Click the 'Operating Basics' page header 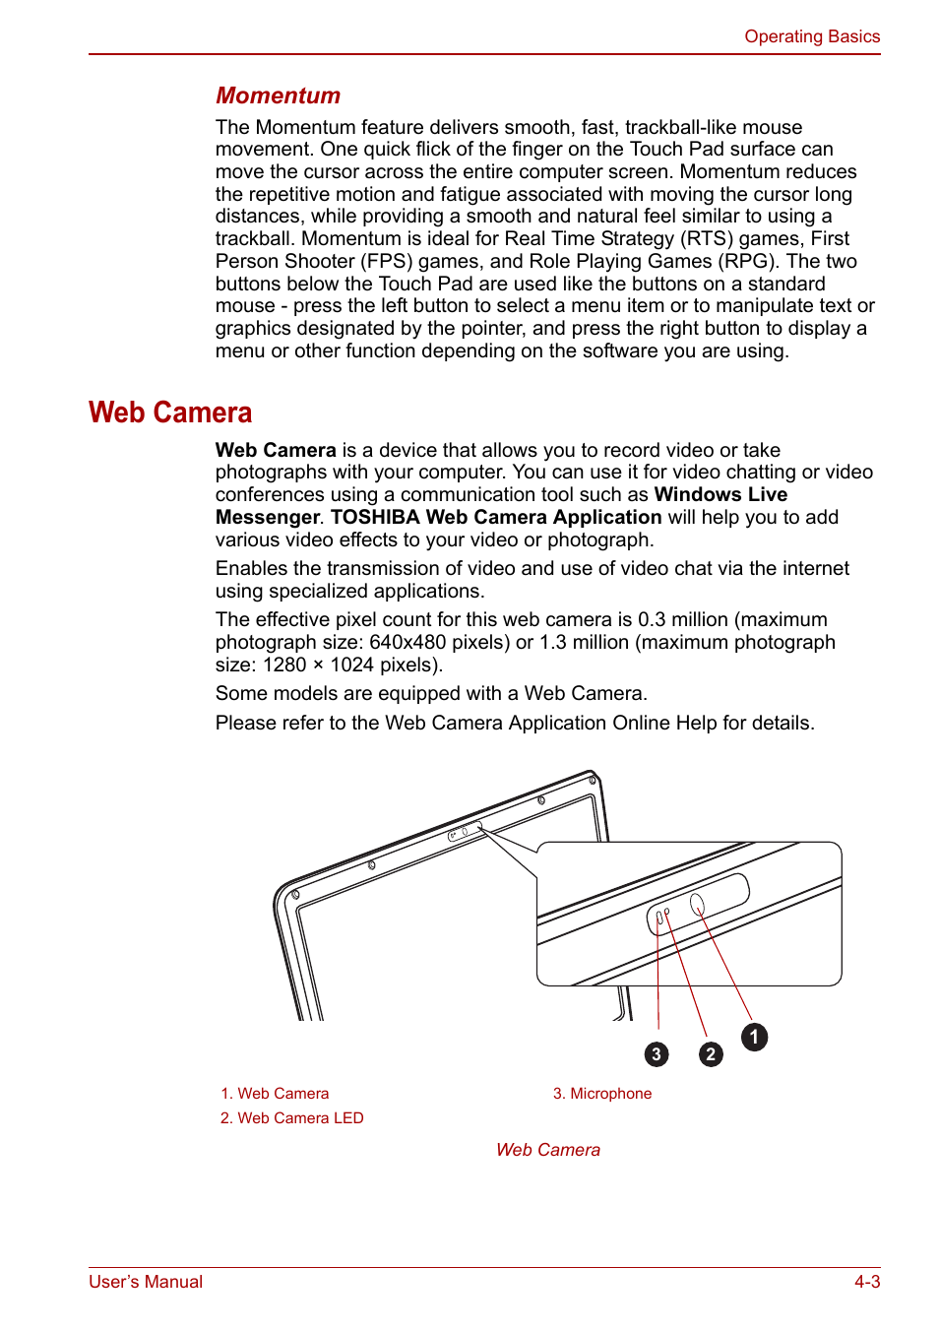(811, 36)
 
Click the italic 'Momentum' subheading (278, 95)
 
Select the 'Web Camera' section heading (170, 412)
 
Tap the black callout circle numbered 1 (754, 1037)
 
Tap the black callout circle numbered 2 (711, 1054)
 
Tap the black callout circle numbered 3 (657, 1054)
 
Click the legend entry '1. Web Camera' (275, 1093)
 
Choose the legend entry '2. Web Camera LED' (291, 1117)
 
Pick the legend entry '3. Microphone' (601, 1093)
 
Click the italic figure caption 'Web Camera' (547, 1149)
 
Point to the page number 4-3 (866, 1281)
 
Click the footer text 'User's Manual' (146, 1281)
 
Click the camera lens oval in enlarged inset (697, 904)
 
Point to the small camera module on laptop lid (465, 832)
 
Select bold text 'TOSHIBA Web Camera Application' (496, 517)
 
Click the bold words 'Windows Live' (720, 494)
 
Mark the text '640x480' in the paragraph (407, 642)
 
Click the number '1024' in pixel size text (351, 665)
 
